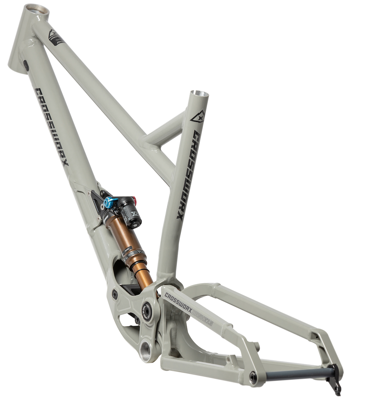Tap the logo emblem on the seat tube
point(197,117)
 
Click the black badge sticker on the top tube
point(56,37)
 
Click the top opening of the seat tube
point(199,94)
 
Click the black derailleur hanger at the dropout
point(336,381)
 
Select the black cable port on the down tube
point(26,65)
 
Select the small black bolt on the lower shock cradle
point(114,294)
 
